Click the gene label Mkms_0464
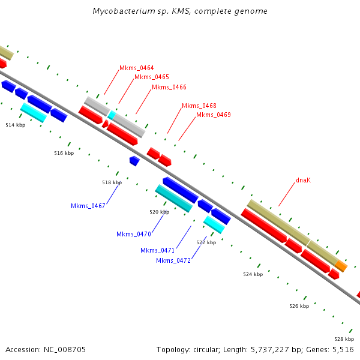click(x=136, y=68)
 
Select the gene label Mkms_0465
click(x=151, y=77)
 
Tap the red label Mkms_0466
click(x=169, y=87)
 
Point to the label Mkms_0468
click(x=199, y=106)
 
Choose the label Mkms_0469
click(x=213, y=115)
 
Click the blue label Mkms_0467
click(x=88, y=206)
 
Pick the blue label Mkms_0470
click(x=133, y=234)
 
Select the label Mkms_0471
click(x=157, y=250)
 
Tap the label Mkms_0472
click(x=173, y=260)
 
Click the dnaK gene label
click(x=303, y=180)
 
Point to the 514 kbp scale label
click(x=16, y=125)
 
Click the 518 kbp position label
click(x=112, y=182)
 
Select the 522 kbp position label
click(x=206, y=242)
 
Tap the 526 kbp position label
click(x=299, y=306)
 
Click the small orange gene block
click(x=341, y=265)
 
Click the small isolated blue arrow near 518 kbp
click(x=134, y=161)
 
